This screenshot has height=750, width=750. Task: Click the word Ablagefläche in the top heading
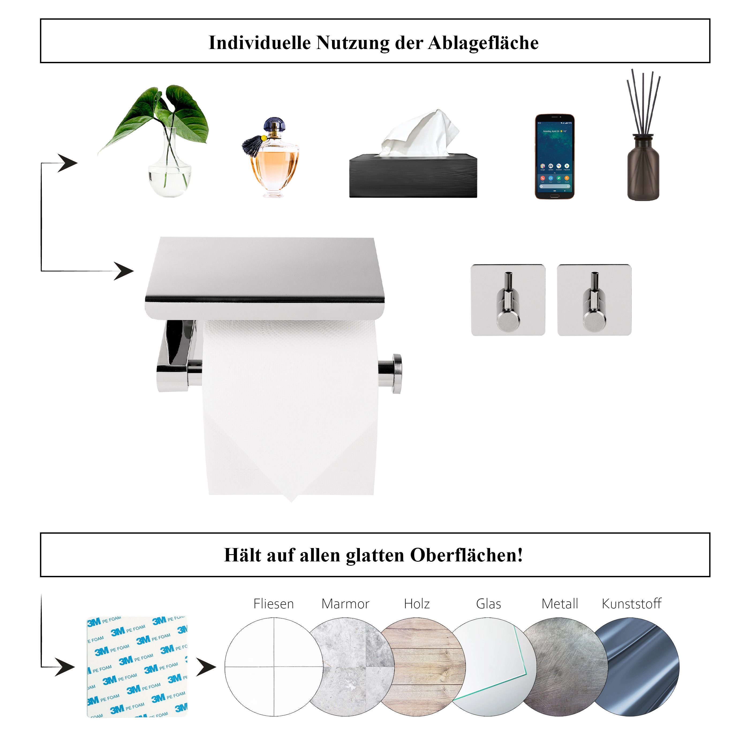pos(483,43)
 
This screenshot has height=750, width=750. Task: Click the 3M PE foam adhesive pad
pos(137,666)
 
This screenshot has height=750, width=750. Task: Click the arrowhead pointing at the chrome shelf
pos(124,271)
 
